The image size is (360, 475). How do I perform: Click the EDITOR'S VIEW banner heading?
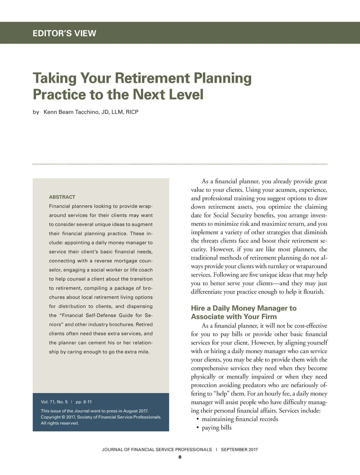[x=64, y=33]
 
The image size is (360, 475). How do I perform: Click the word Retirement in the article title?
[x=152, y=78]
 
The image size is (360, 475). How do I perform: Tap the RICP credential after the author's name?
[x=132, y=112]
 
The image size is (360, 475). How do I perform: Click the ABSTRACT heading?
[x=62, y=197]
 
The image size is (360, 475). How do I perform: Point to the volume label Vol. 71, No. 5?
[x=54, y=402]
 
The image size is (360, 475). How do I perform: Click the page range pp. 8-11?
[x=84, y=402]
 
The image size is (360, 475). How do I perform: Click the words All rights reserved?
[x=60, y=423]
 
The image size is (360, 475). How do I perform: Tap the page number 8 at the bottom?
[x=180, y=457]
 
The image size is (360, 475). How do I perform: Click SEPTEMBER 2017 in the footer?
[x=239, y=449]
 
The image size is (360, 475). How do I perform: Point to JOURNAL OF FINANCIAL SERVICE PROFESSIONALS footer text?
[x=157, y=449]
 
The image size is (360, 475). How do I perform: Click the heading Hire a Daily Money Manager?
[x=243, y=308]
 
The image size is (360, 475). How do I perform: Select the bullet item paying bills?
[x=217, y=428]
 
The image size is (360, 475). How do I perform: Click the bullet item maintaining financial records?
[x=240, y=419]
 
